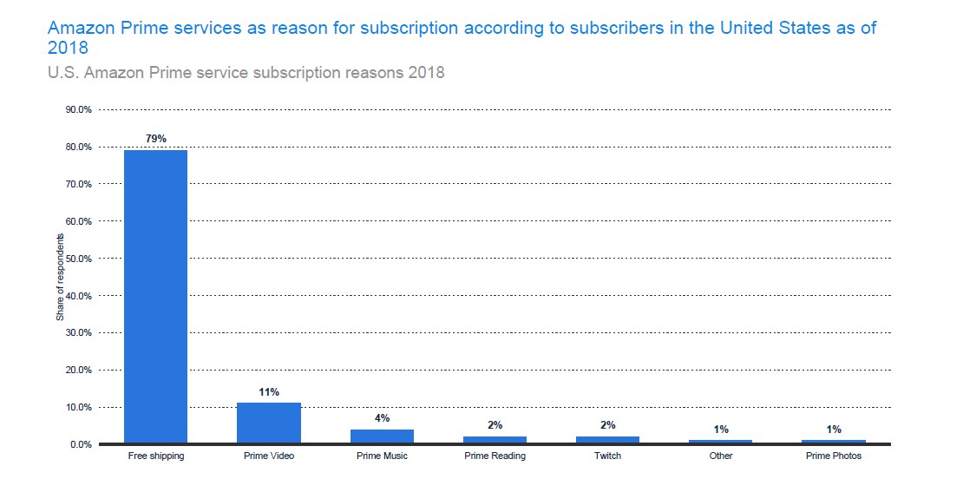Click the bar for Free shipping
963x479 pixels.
[x=156, y=297]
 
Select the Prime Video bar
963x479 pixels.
[x=269, y=423]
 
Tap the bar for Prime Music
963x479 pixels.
[x=382, y=436]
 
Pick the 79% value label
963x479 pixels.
[x=156, y=139]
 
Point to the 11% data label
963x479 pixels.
[x=269, y=392]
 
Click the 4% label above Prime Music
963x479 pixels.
[x=382, y=418]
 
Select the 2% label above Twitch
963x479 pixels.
[x=608, y=425]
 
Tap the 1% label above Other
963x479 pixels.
[x=721, y=430]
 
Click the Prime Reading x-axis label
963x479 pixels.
[x=495, y=456]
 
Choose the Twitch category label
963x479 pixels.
[x=608, y=456]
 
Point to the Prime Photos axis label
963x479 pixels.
[x=834, y=456]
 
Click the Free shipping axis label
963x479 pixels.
[x=156, y=456]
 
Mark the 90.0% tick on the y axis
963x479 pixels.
[x=78, y=110]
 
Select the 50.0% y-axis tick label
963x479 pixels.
[x=78, y=259]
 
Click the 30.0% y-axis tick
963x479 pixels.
[x=78, y=333]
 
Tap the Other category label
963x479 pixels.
[x=721, y=456]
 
